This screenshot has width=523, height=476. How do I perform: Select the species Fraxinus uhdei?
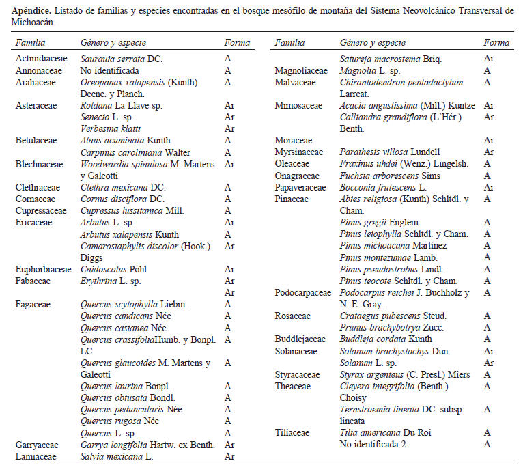390,164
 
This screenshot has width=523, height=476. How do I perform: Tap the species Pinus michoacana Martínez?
393,246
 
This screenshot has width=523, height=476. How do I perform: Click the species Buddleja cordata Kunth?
386,339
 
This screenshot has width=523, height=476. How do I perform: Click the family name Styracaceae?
298,374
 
